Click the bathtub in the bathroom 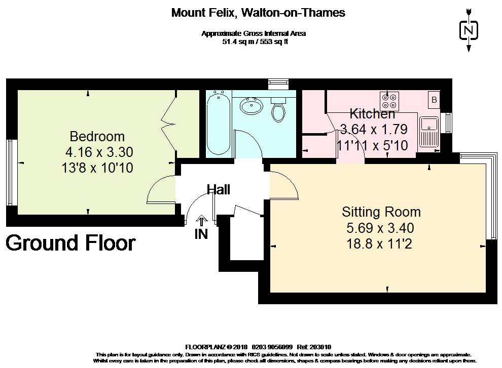[x=219, y=124]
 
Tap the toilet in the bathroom [x=278, y=109]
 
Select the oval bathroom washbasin [x=252, y=106]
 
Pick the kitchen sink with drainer [x=429, y=132]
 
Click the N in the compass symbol [x=469, y=30]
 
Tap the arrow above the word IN [x=201, y=220]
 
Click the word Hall [x=219, y=190]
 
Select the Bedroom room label [x=97, y=137]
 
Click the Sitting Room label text [x=381, y=212]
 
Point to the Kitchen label [x=372, y=113]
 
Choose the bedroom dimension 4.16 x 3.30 [x=99, y=152]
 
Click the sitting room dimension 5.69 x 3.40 [x=380, y=228]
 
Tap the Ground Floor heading [x=71, y=243]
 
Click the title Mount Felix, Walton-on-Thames [x=258, y=13]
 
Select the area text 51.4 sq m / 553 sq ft [x=255, y=42]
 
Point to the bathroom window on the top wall [x=278, y=84]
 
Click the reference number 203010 [x=321, y=347]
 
